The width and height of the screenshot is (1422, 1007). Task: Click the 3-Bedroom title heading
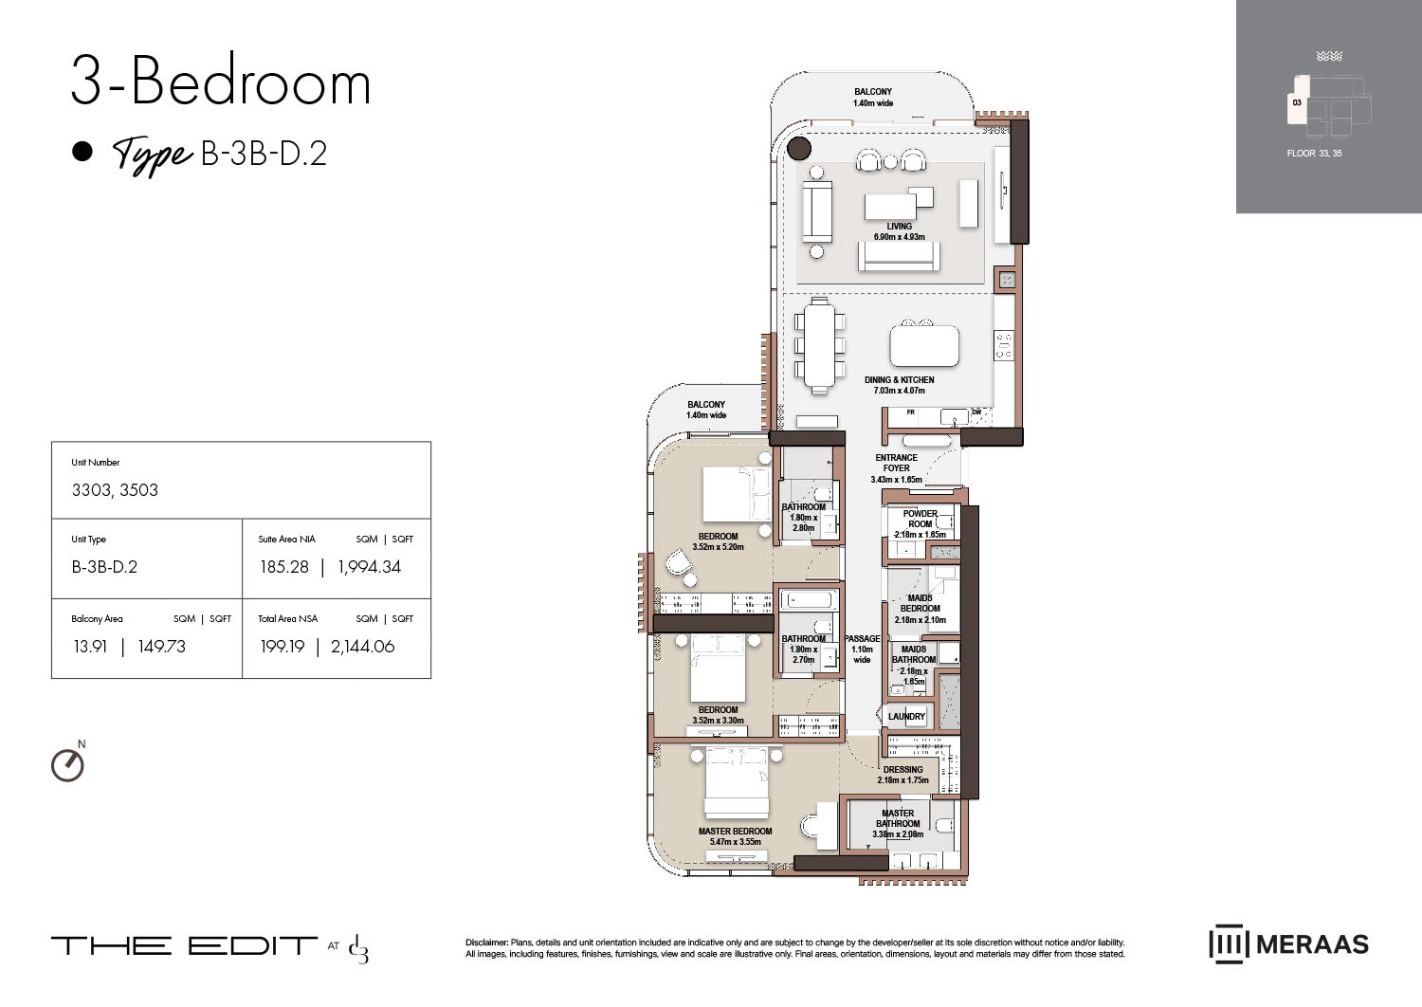221,83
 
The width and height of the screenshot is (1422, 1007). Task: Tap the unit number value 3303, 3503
115,490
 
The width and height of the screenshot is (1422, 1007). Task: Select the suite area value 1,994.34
369,567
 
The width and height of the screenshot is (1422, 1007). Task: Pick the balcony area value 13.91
90,647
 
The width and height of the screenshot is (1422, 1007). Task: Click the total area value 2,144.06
362,647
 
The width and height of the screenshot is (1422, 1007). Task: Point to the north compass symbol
67,764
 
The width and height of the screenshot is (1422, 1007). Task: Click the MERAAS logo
1288,944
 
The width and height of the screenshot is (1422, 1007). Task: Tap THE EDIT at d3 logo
210,946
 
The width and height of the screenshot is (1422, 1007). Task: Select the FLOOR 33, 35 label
1314,154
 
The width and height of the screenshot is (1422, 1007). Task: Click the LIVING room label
899,227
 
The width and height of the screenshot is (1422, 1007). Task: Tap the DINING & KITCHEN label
899,380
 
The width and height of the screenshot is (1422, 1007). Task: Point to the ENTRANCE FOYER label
896,463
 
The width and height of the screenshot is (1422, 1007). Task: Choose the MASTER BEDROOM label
735,832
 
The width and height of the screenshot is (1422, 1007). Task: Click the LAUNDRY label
906,717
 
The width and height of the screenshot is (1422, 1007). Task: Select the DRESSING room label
902,770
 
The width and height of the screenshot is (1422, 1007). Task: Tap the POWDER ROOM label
920,519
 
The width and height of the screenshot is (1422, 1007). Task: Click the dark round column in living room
799,148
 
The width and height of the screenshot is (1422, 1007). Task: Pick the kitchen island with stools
923,345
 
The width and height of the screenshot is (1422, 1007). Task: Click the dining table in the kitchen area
821,345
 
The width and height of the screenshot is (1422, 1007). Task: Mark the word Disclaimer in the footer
486,943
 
